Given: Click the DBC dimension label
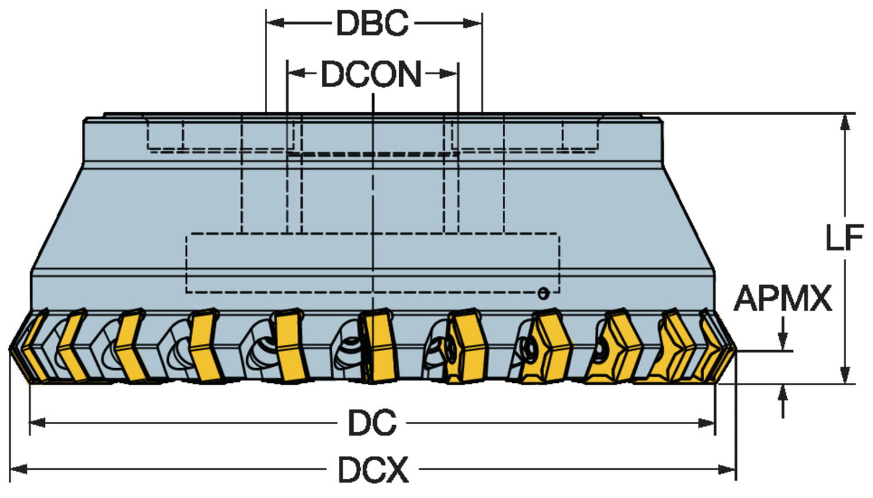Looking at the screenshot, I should (x=372, y=23).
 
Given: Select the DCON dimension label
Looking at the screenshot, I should (x=371, y=74).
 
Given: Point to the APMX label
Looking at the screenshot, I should (x=783, y=299).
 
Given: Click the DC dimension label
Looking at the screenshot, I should (x=372, y=423).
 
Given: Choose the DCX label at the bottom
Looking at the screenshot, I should (x=373, y=469).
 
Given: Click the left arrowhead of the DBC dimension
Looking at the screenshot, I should (x=274, y=23).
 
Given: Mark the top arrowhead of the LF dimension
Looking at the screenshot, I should (x=846, y=122).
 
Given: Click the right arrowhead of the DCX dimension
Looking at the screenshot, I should (x=728, y=469).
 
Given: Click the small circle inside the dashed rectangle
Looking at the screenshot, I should (x=543, y=293).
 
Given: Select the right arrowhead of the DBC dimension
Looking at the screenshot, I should (x=474, y=23).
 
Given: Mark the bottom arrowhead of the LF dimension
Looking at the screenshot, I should (x=846, y=375).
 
